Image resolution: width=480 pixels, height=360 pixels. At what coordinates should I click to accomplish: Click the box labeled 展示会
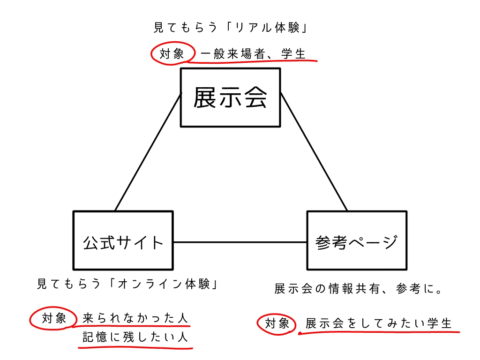point(230,97)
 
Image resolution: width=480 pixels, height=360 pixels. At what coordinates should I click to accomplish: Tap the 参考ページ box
point(356,240)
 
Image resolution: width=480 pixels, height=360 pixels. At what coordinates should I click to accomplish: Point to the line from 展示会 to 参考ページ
point(314,152)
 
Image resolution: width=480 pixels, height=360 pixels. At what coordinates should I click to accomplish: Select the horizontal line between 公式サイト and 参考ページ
point(240,242)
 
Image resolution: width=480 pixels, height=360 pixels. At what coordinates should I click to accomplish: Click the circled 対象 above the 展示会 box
point(172,54)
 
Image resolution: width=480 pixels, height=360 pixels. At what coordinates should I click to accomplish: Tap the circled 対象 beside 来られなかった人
point(54,319)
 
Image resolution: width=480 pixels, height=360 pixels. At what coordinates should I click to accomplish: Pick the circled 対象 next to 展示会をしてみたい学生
point(277,323)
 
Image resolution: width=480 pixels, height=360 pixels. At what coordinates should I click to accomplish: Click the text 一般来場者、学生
point(253,54)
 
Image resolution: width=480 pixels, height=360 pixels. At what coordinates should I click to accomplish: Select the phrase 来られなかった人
point(135,319)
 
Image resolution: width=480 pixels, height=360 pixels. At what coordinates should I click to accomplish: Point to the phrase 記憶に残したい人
point(135,337)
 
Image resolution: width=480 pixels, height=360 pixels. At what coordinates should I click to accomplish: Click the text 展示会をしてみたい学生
point(379,323)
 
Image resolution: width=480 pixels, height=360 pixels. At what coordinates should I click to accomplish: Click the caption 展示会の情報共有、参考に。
point(359,289)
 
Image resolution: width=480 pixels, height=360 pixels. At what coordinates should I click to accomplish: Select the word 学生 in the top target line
point(293,54)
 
